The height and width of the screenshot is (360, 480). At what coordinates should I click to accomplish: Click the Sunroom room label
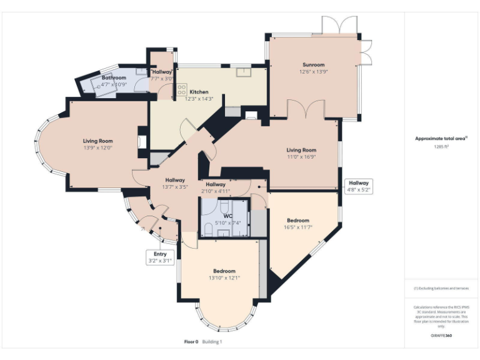tap(314, 64)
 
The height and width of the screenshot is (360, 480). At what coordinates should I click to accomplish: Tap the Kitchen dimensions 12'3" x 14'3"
tap(199, 99)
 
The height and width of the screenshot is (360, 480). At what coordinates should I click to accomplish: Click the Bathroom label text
tap(114, 77)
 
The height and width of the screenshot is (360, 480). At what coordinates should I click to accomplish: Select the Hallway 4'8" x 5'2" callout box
tap(359, 186)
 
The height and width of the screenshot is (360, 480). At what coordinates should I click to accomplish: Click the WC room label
tap(219, 216)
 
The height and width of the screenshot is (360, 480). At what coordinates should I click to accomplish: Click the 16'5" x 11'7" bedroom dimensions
tap(298, 227)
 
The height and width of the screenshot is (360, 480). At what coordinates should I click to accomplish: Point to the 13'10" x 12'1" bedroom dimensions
tap(222, 277)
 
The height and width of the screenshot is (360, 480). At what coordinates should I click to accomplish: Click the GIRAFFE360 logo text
tap(441, 336)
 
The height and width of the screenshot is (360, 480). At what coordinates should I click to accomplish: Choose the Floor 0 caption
tap(191, 342)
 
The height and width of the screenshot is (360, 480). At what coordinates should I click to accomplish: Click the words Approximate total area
tap(440, 138)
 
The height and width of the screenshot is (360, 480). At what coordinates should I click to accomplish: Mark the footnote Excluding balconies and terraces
tap(441, 288)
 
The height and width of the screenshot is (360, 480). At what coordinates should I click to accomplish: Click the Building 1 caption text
tap(212, 342)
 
